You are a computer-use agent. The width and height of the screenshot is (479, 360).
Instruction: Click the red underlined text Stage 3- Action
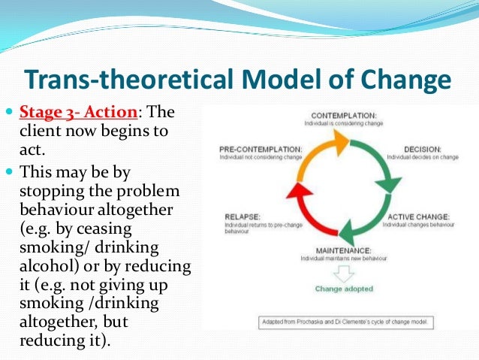80,113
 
